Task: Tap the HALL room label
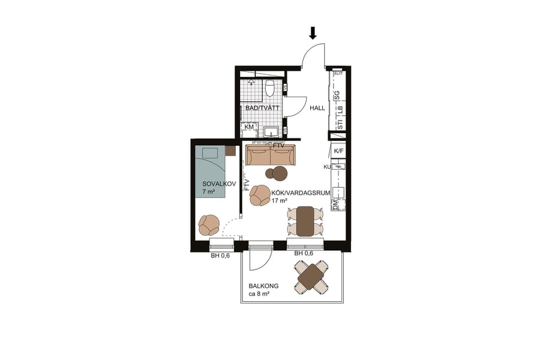click(317, 109)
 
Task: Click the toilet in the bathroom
click(269, 88)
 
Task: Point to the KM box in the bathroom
click(249, 127)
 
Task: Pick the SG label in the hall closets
click(338, 95)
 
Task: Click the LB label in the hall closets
click(339, 110)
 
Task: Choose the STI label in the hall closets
click(340, 124)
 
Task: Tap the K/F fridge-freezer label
click(339, 151)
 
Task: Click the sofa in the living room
click(270, 155)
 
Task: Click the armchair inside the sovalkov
click(209, 225)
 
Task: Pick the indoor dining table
click(305, 221)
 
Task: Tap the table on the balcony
click(311, 277)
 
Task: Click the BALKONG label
click(264, 286)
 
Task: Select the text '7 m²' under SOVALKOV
click(209, 192)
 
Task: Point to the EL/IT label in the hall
click(338, 74)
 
